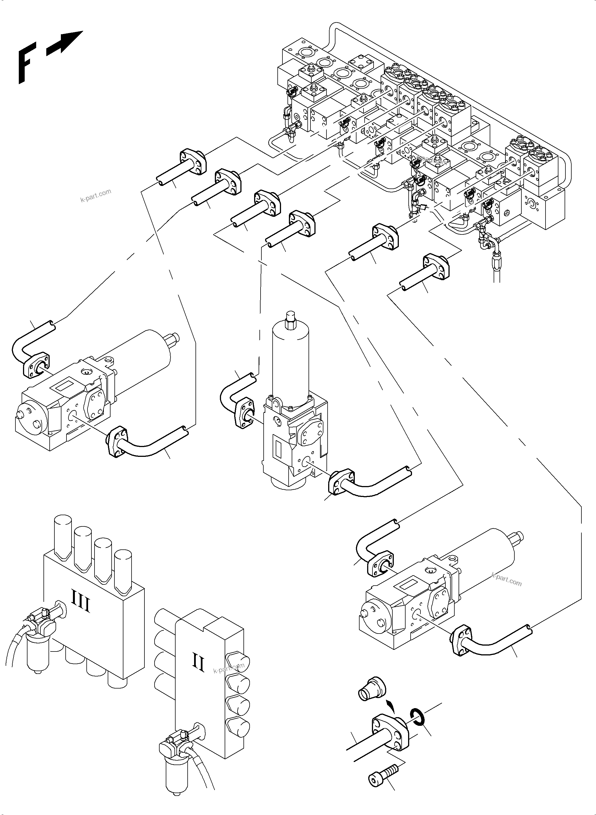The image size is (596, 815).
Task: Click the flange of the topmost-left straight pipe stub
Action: point(193,161)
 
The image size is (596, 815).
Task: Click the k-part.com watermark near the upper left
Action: point(96,195)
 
